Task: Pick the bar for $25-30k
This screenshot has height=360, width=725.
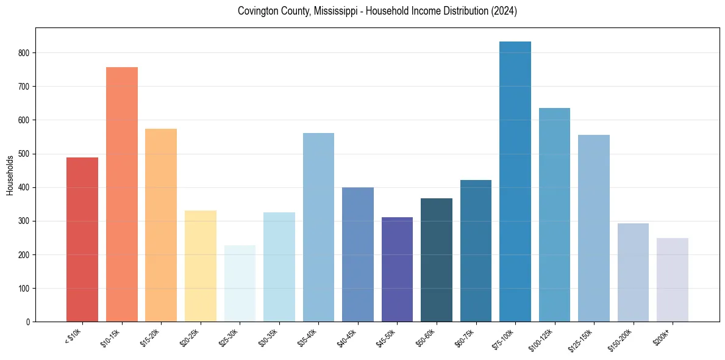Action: [x=240, y=283]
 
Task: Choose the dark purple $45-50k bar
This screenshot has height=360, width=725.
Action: [x=397, y=269]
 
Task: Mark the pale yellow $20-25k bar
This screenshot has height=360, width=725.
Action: [x=201, y=266]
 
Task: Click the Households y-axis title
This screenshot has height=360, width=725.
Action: [x=10, y=175]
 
